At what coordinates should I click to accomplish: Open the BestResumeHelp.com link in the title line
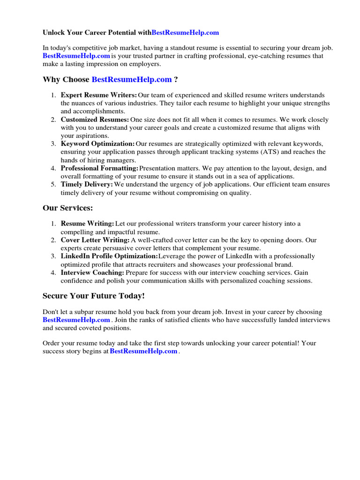185,33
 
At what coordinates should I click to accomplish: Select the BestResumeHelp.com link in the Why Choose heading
131,80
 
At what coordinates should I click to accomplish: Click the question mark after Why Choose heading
176,80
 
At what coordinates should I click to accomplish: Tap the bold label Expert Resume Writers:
99,95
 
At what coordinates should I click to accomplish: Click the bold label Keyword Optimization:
97,144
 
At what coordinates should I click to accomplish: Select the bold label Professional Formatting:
99,168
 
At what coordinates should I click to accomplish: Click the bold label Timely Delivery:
87,185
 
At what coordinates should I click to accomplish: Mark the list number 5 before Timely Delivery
53,185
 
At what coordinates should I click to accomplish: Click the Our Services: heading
67,208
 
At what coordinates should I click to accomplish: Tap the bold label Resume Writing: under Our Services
87,224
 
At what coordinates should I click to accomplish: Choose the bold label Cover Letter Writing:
95,240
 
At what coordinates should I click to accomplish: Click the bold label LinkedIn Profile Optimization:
109,256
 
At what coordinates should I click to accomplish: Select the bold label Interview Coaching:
92,272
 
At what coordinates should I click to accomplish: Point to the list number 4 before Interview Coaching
53,272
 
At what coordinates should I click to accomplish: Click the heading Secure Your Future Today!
94,296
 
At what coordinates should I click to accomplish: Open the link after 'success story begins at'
143,351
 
